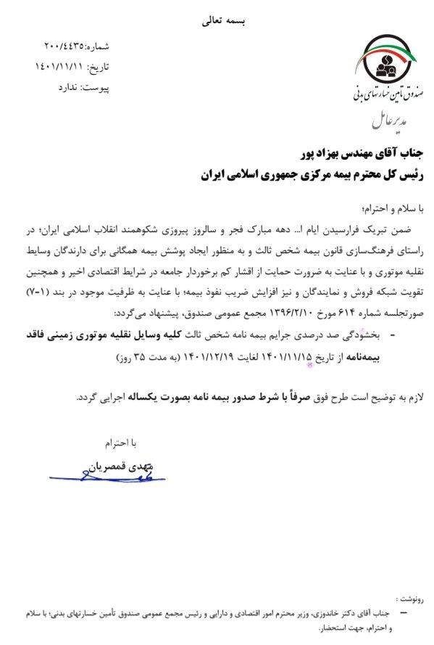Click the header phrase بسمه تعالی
(x=216, y=22)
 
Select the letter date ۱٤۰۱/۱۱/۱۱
(x=60, y=67)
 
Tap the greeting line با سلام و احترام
(x=393, y=206)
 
